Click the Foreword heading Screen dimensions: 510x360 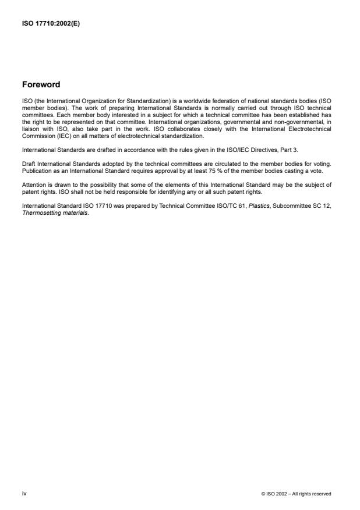coord(41,84)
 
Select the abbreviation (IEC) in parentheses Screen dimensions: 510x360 coord(54,136)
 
